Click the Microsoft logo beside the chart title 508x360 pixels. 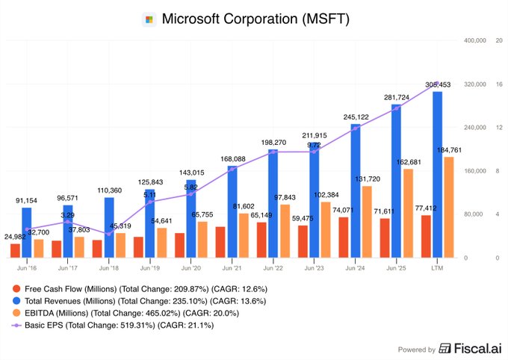pos(148,19)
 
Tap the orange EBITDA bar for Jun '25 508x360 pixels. pos(408,213)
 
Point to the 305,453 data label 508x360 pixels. pos(439,84)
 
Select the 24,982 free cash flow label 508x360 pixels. pos(16,237)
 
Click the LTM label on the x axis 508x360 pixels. pos(437,267)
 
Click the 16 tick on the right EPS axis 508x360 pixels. pos(498,84)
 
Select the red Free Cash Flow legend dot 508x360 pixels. pos(16,288)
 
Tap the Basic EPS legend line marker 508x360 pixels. pos(16,325)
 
